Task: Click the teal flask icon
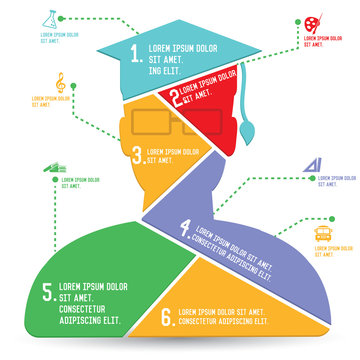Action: click(49, 19)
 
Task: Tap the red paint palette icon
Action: click(316, 20)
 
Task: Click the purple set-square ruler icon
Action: click(311, 164)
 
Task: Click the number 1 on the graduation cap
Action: click(137, 55)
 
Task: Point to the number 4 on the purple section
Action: click(184, 228)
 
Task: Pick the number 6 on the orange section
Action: click(167, 318)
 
